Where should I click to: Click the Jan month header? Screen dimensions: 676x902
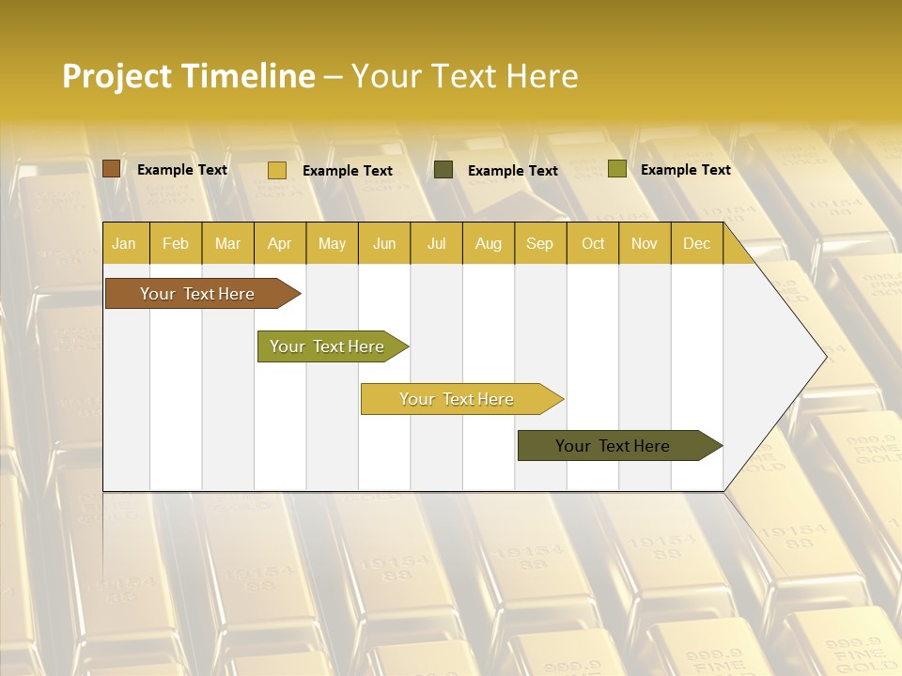124,243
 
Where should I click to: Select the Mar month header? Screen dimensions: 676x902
227,243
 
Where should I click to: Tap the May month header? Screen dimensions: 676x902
332,243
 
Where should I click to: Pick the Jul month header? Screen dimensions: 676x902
436,243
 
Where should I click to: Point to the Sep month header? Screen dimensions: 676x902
539,243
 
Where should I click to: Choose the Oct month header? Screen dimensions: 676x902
593,243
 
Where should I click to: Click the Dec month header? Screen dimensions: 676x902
696,243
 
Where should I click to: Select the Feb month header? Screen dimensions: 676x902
176,243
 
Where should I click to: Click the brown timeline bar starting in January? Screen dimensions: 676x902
197,294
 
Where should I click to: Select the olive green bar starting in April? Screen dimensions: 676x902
327,346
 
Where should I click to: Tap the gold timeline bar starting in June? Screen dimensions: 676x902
457,399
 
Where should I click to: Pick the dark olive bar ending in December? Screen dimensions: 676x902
613,446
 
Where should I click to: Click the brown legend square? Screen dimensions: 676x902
111,169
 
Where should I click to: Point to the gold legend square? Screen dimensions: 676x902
276,170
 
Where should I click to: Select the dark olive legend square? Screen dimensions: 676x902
443,170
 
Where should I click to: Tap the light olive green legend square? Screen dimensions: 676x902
616,169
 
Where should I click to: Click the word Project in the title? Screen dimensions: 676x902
116,76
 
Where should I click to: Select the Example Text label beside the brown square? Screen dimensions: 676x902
181,169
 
